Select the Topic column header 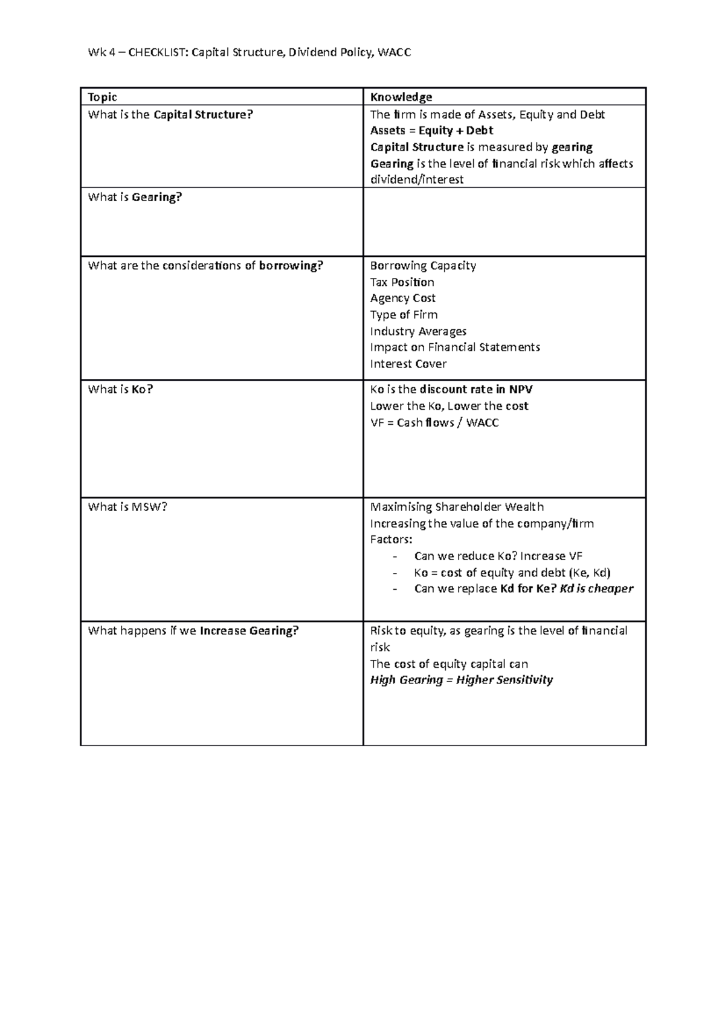tap(102, 97)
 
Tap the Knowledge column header tap(401, 97)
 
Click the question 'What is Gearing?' tap(135, 197)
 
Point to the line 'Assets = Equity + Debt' tap(431, 131)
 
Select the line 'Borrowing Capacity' tap(423, 266)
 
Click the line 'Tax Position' tap(402, 282)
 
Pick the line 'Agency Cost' tap(402, 298)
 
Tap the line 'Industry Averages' tap(418, 331)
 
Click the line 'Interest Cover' tap(408, 364)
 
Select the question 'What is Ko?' tap(120, 390)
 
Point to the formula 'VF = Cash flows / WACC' tap(434, 423)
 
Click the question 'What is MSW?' tap(127, 507)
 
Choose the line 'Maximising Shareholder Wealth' tap(457, 507)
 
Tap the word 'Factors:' tap(391, 540)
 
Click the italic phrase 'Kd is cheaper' tap(596, 589)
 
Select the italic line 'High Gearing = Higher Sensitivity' tap(461, 680)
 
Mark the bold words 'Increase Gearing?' tap(249, 631)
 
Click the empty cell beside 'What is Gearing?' tap(504, 222)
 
